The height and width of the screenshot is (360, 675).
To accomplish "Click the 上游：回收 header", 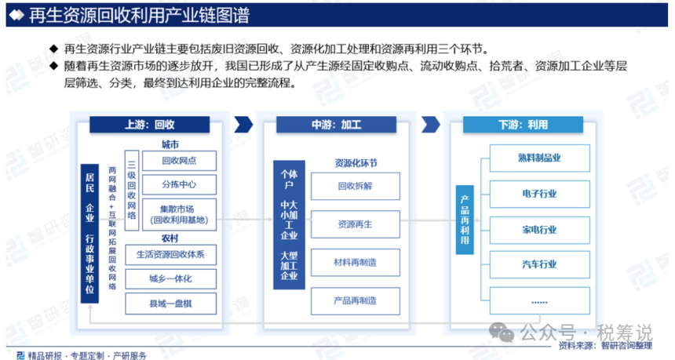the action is (x=149, y=125).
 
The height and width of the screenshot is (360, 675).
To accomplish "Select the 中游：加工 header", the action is (x=336, y=125).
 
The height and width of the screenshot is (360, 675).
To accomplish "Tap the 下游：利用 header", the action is (x=523, y=125).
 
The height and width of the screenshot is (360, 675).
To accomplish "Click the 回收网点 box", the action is (x=179, y=161).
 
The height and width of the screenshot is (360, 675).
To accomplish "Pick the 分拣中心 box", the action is (x=179, y=184).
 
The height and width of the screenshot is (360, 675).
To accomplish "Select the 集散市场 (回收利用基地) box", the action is (x=179, y=215).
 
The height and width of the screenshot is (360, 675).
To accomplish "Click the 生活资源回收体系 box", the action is (x=170, y=255).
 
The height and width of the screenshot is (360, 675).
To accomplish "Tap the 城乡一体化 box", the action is (x=170, y=278).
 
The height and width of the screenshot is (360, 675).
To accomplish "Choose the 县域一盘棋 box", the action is (x=170, y=304).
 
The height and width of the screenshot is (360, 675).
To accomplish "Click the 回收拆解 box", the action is (x=355, y=186).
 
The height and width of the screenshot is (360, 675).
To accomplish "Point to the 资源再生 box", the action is (x=355, y=224).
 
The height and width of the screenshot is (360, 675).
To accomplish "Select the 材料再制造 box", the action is (x=355, y=263).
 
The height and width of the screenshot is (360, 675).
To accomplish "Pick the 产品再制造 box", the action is (x=355, y=300).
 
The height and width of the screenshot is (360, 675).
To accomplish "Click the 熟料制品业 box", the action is (x=539, y=158).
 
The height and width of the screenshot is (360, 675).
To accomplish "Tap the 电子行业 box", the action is (x=539, y=194).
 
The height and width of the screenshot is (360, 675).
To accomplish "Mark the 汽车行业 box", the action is (x=539, y=264).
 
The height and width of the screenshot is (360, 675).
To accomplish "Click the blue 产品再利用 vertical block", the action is (x=465, y=220).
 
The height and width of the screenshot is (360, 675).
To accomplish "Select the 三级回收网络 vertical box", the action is (x=132, y=190).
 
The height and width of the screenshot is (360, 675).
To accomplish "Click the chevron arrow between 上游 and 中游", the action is (x=243, y=125).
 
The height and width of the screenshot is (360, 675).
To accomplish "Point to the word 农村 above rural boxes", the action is (x=170, y=238).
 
